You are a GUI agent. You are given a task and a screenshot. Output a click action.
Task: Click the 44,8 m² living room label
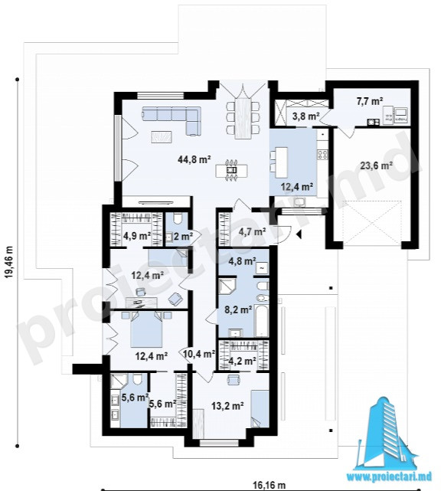point(194,159)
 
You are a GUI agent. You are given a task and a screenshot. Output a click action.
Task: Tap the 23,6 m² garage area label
point(377,165)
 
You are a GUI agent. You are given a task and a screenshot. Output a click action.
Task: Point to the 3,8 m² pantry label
point(305,116)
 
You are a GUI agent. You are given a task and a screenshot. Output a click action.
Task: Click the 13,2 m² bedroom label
point(227,406)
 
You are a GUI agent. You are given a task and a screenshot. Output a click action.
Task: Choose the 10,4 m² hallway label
point(199,354)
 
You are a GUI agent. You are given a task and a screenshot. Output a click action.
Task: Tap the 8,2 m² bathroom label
point(239,309)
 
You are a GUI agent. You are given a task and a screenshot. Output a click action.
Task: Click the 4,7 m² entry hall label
point(252,232)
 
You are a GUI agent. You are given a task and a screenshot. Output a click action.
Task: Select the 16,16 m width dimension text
point(269,486)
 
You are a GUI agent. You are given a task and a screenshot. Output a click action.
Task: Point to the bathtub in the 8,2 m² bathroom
point(262,319)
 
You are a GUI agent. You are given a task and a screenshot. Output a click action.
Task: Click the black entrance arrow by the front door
point(299,234)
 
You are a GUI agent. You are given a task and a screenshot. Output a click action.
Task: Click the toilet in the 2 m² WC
point(177,218)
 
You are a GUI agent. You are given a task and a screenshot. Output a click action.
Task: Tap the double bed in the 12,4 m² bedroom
point(147,329)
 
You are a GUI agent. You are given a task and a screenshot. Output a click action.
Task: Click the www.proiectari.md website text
point(390,476)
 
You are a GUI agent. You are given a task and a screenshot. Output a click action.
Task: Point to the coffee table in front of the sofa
point(162,137)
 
